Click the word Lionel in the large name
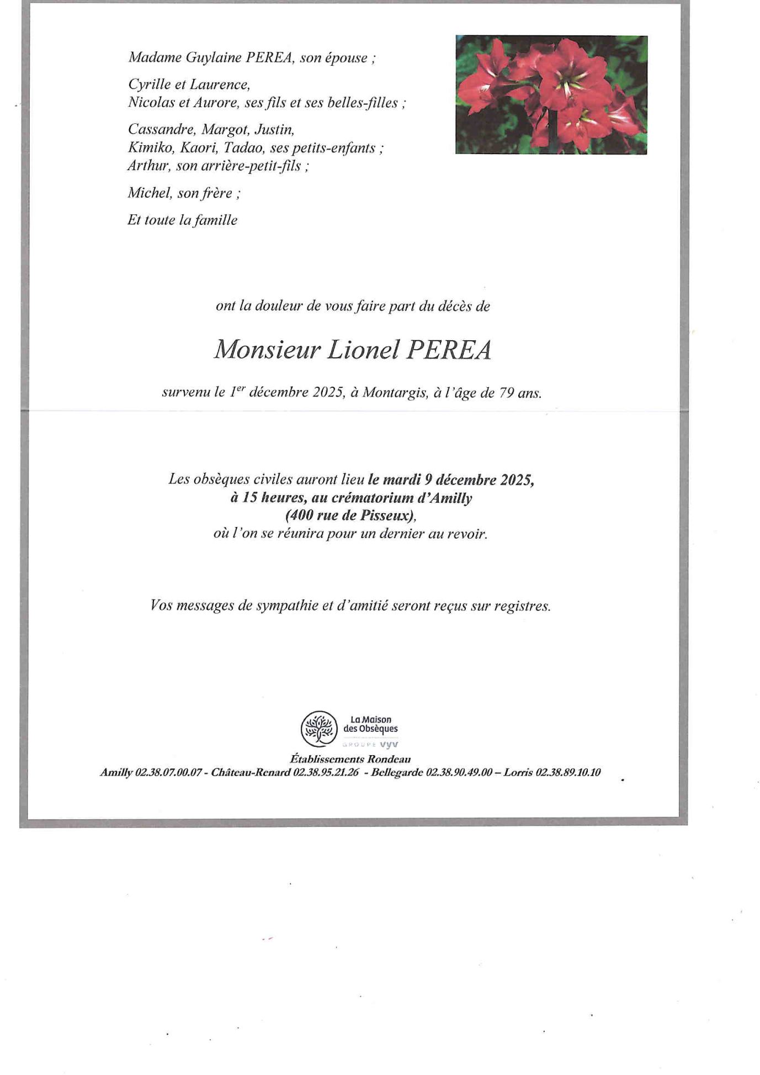(x=363, y=350)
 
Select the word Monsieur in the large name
(x=267, y=350)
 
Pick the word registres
(x=522, y=606)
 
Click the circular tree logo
(x=318, y=729)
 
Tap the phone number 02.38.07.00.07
(x=168, y=772)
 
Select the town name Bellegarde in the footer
(x=396, y=772)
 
